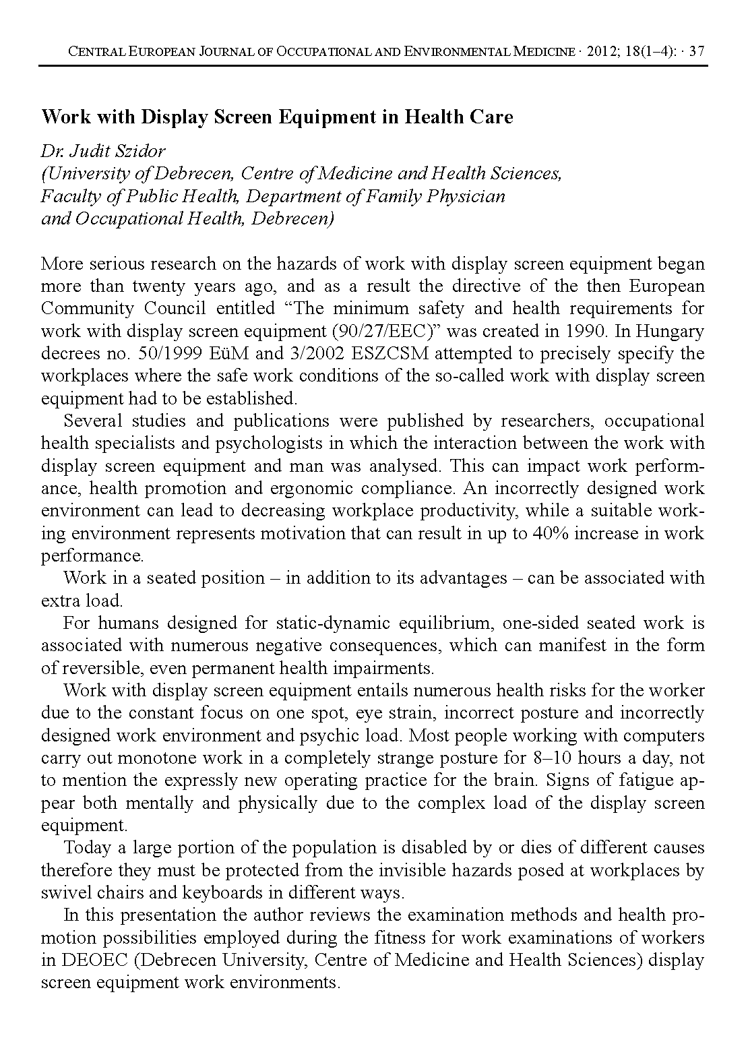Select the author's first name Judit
coord(84,152)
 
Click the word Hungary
coord(670,331)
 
